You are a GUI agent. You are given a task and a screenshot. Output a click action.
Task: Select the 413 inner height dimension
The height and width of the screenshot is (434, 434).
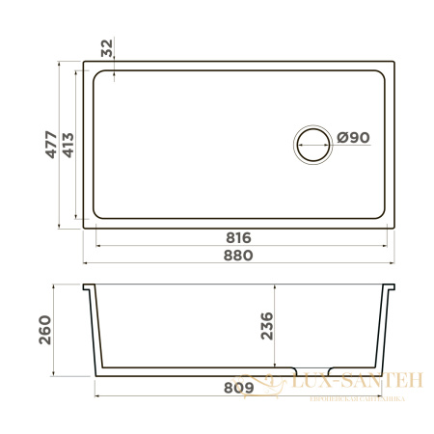coord(68,145)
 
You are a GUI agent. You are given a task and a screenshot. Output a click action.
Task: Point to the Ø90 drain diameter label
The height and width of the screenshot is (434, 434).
coord(355,138)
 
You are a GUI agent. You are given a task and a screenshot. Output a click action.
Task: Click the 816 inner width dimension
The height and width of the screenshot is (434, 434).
coord(238,237)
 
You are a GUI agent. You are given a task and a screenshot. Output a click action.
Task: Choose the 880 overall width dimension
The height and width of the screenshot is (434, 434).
coord(238,256)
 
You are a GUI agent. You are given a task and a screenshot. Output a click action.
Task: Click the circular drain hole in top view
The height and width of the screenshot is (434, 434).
coord(312,144)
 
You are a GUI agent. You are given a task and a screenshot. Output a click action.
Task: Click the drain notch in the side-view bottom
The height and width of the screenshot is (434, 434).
coord(312,371)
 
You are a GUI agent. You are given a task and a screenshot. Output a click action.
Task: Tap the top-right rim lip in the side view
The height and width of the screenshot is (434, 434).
coord(392,288)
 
